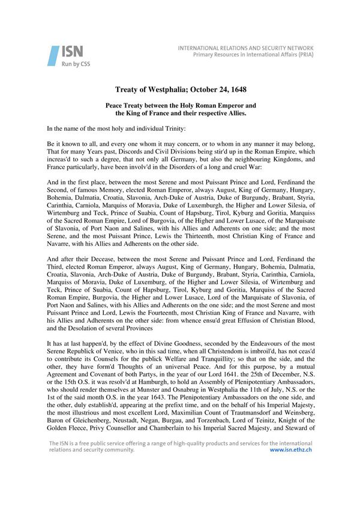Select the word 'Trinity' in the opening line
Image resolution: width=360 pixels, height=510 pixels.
[174, 129]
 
